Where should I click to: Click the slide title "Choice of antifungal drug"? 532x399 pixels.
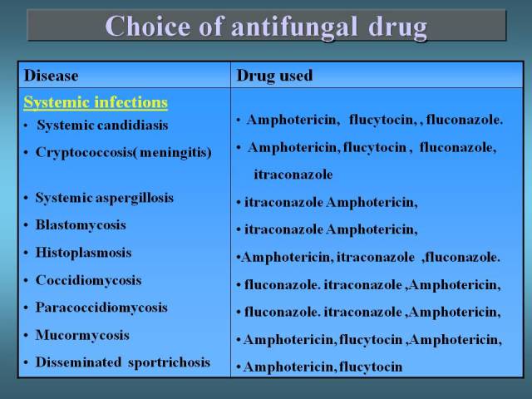[x=266, y=27]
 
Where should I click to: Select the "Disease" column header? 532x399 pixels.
[x=52, y=76]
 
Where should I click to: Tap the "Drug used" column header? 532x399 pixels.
[x=274, y=76]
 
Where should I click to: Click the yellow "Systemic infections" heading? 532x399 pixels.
[x=96, y=102]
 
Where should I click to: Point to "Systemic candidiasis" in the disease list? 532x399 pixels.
[x=102, y=126]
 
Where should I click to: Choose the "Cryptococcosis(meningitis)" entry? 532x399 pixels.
[x=124, y=152]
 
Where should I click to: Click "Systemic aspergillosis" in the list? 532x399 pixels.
[x=105, y=198]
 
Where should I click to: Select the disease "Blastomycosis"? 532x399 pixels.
[x=81, y=225]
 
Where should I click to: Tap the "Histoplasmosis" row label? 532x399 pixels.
[x=83, y=253]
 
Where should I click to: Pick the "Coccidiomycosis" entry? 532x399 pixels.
[x=89, y=280]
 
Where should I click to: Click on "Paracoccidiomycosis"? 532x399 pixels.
[x=101, y=308]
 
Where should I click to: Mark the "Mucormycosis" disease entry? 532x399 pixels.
[x=82, y=335]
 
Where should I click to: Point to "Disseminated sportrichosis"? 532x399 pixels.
[x=123, y=362]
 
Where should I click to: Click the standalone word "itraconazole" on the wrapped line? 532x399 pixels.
[x=293, y=175]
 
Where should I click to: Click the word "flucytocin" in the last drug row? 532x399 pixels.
[x=371, y=367]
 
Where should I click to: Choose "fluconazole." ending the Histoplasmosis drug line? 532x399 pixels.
[x=463, y=257]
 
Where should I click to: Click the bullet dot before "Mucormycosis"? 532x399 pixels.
[x=26, y=336]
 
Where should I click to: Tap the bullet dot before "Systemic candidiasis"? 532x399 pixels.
[x=26, y=126]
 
